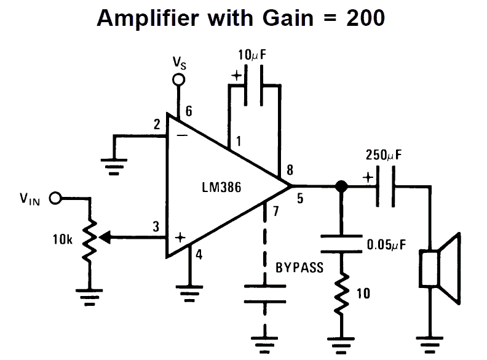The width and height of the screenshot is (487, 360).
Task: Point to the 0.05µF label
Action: (387, 244)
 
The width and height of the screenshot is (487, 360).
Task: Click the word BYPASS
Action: (299, 269)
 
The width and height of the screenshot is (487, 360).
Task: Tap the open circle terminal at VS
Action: (178, 79)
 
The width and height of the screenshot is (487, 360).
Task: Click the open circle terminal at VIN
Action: (55, 198)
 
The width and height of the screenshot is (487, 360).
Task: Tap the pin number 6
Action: (188, 111)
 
